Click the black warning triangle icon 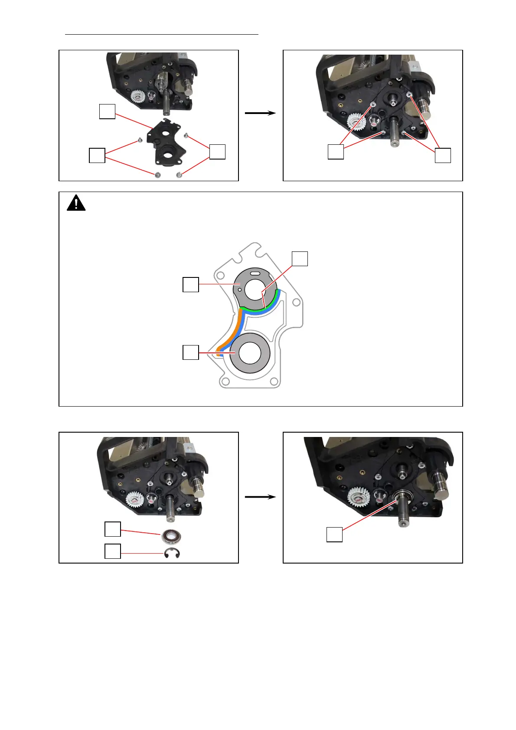click(x=76, y=203)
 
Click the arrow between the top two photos click(x=260, y=113)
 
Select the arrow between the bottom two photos click(x=260, y=497)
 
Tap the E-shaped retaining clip click(x=172, y=554)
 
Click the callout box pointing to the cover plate click(x=107, y=111)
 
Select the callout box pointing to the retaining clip click(x=113, y=551)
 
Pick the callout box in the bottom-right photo click(x=334, y=534)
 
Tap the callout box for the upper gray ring click(x=191, y=285)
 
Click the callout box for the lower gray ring click(x=191, y=352)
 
